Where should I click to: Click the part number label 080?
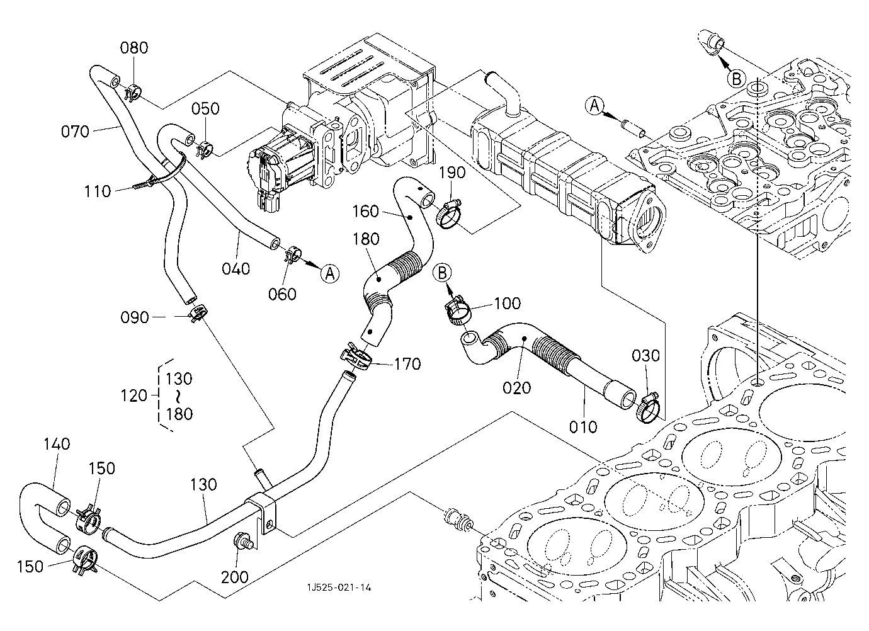134,48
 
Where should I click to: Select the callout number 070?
76,132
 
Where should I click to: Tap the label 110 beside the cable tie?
98,191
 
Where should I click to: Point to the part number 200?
235,577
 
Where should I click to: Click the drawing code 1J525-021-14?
339,587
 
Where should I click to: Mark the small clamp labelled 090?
198,312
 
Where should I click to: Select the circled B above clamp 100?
443,272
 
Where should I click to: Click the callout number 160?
366,211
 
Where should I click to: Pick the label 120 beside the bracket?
133,395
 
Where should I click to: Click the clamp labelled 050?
205,151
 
